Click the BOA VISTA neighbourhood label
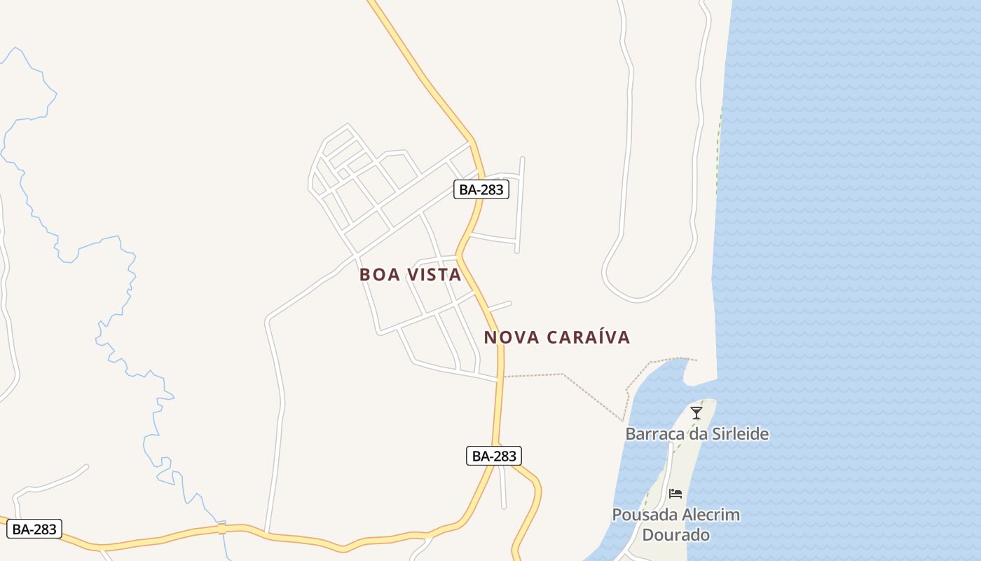(411, 275)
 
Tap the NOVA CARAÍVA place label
(557, 337)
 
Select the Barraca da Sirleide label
(697, 434)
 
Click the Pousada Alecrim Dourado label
(675, 525)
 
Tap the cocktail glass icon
(696, 412)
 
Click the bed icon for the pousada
(675, 494)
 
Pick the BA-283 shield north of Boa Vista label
(481, 189)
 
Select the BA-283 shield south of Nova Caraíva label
(493, 456)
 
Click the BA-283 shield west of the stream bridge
(34, 529)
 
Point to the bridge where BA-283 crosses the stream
(221, 527)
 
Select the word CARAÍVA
(587, 337)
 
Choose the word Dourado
(676, 535)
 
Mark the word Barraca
(654, 434)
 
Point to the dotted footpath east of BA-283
(533, 375)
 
